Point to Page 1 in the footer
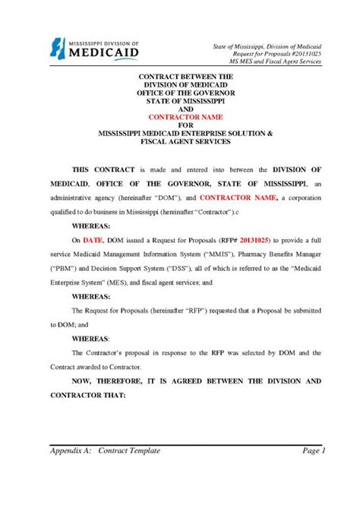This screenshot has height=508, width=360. coord(313,450)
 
